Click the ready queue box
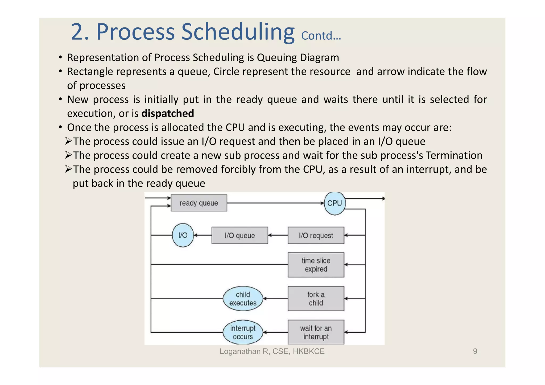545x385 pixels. pyautogui.click(x=199, y=203)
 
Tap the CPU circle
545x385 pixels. pyautogui.click(x=335, y=203)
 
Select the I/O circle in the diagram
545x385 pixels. pyautogui.click(x=183, y=235)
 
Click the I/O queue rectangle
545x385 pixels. pyautogui.click(x=240, y=235)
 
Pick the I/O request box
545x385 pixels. pyautogui.click(x=316, y=235)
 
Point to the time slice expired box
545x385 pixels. pyautogui.click(x=316, y=265)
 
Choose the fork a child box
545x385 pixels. pyautogui.click(x=316, y=299)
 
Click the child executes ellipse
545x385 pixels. pyautogui.click(x=243, y=299)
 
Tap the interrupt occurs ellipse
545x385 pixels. pyautogui.click(x=243, y=332)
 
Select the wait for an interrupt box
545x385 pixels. pyautogui.click(x=316, y=332)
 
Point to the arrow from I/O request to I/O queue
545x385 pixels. pyautogui.click(x=278, y=235)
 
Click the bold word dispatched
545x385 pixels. pyautogui.click(x=168, y=114)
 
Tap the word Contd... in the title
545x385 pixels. pyautogui.click(x=321, y=36)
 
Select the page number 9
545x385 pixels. pyautogui.click(x=475, y=351)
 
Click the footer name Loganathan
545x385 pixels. pyautogui.click(x=240, y=351)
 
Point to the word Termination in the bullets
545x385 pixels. pyautogui.click(x=454, y=155)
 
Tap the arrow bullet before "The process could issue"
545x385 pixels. pyautogui.click(x=68, y=141)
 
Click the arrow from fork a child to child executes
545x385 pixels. pyautogui.click(x=275, y=299)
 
